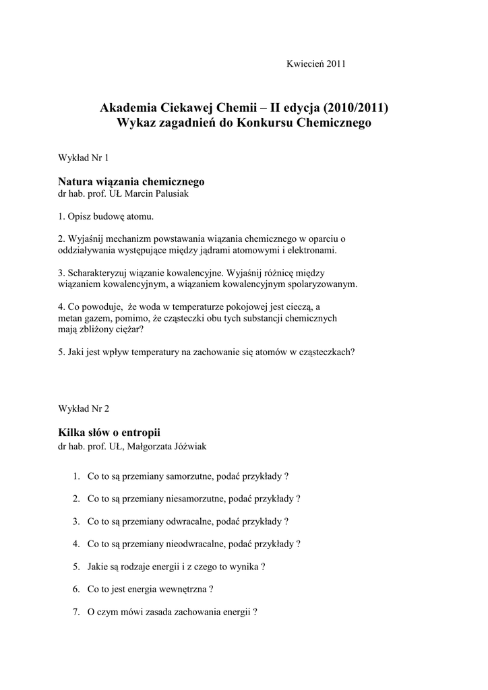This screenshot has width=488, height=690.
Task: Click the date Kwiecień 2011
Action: tap(315, 64)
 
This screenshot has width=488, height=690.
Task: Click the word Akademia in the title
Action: tap(128, 108)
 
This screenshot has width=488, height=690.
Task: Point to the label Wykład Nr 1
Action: tap(84, 158)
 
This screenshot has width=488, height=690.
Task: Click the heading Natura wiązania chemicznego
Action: tap(131, 182)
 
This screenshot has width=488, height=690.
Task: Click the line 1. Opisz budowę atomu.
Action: tap(106, 217)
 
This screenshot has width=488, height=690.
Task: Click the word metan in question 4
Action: tap(70, 318)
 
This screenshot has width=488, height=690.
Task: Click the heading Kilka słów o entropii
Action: tap(109, 432)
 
